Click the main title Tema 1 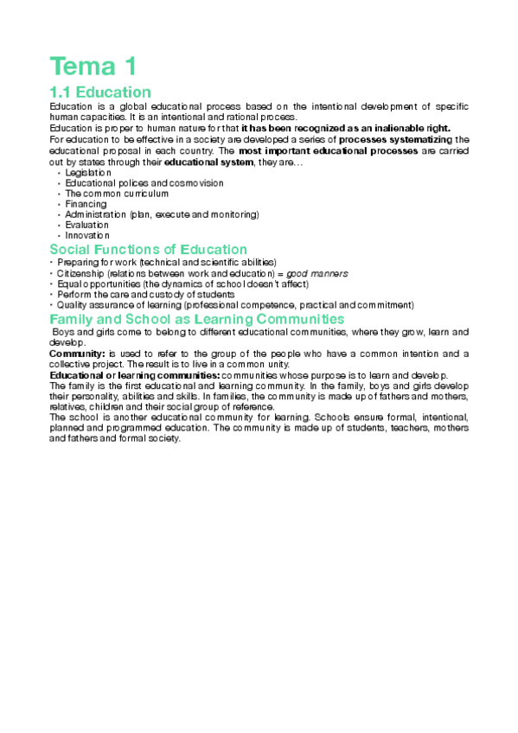[x=93, y=66]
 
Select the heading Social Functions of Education [x=148, y=250]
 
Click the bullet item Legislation [x=88, y=173]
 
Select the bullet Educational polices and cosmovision [x=144, y=183]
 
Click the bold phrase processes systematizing [x=394, y=138]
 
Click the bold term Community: [x=77, y=354]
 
